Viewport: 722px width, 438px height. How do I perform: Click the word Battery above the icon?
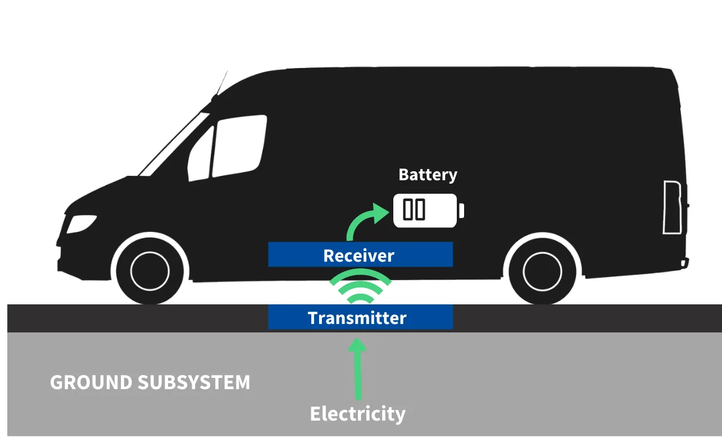tap(428, 175)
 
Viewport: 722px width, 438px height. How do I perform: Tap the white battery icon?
tap(425, 210)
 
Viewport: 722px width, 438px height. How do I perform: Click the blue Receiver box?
tap(360, 255)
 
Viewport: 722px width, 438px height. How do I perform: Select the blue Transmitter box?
tap(360, 317)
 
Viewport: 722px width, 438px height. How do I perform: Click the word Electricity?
tap(357, 414)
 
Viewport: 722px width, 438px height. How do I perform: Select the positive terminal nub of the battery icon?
tap(461, 211)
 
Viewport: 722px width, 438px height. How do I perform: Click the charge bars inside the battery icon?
tap(414, 209)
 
